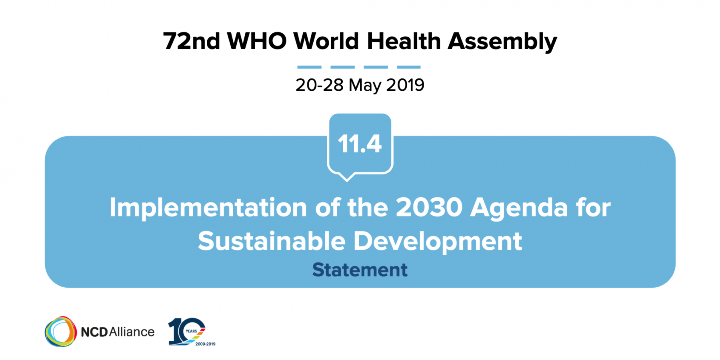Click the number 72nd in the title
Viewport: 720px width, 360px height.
(x=192, y=41)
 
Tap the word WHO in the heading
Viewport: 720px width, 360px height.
(x=257, y=41)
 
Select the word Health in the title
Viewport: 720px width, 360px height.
(x=404, y=41)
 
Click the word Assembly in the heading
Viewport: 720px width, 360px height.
(x=502, y=42)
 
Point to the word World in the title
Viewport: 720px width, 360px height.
(x=326, y=41)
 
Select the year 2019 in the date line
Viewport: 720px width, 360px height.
(x=405, y=85)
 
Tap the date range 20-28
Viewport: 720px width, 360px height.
(x=319, y=85)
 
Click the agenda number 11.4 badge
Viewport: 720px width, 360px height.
(x=360, y=145)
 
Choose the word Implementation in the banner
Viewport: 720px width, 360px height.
(x=208, y=208)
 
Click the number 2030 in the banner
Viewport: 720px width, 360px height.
(x=429, y=207)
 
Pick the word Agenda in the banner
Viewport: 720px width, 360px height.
(x=519, y=209)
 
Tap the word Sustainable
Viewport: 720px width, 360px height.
(x=272, y=241)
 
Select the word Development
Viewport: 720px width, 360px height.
(x=438, y=242)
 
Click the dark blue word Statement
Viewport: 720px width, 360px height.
(x=360, y=270)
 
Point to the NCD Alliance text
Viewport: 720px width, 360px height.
(x=118, y=332)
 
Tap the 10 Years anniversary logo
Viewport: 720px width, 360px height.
(x=191, y=332)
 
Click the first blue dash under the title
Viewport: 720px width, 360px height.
(x=309, y=67)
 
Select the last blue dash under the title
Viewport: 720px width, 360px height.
(x=409, y=67)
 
